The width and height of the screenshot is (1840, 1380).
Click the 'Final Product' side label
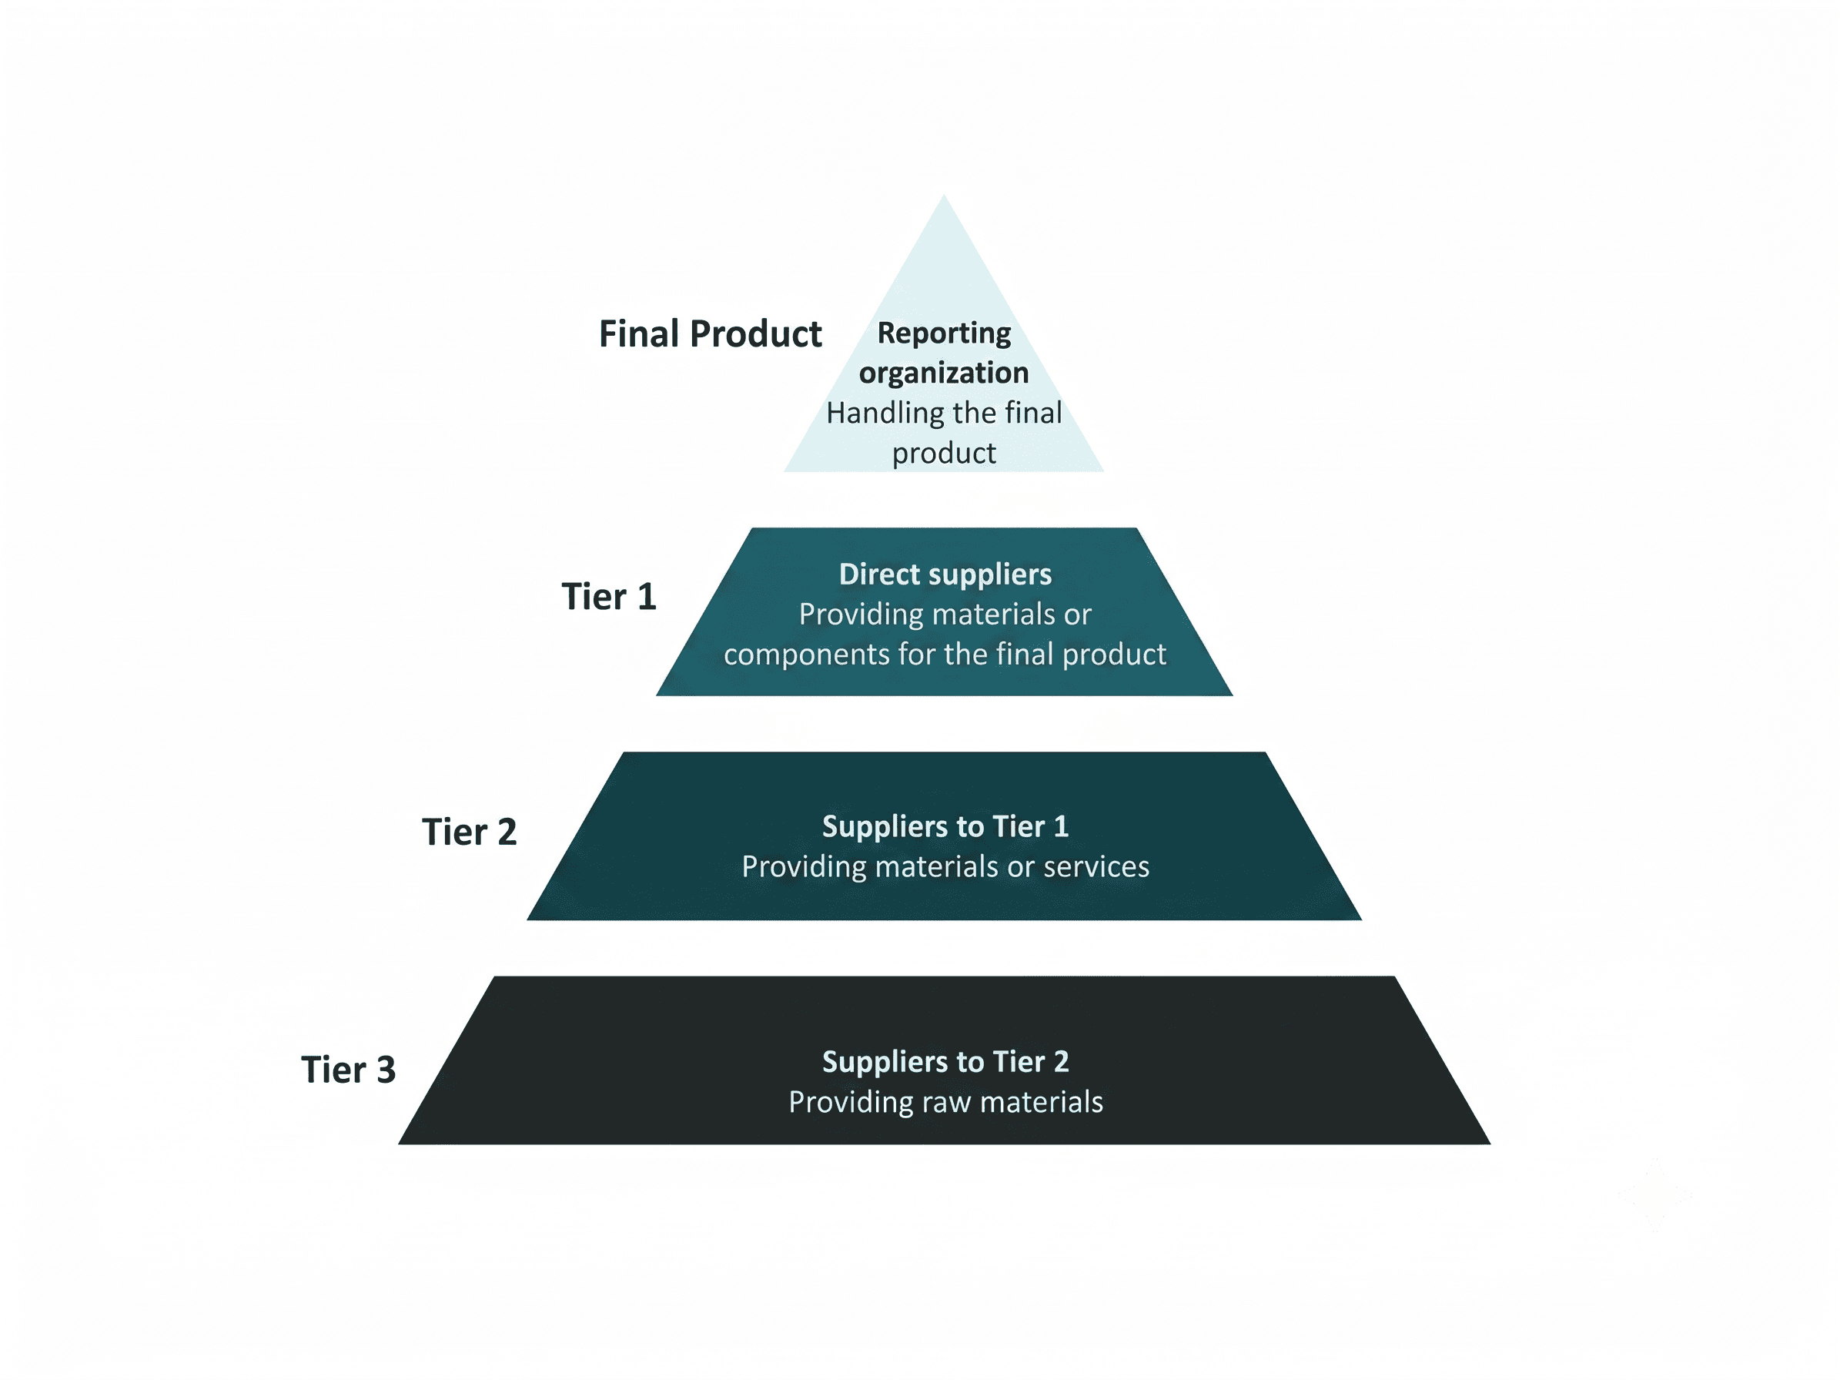click(710, 333)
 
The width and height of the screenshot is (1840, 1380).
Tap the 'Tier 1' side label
click(609, 596)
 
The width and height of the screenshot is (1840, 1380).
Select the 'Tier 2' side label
click(469, 832)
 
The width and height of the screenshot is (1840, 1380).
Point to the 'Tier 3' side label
click(348, 1070)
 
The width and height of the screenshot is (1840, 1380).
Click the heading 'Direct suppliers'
click(945, 574)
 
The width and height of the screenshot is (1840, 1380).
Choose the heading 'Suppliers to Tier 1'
click(945, 826)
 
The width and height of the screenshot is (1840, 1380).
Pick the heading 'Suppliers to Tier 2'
click(945, 1061)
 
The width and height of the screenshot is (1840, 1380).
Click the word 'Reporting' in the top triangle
click(944, 333)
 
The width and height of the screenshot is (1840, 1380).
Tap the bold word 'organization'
click(944, 373)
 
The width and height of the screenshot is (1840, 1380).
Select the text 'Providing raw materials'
click(945, 1102)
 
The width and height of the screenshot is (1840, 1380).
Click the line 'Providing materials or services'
click(945, 867)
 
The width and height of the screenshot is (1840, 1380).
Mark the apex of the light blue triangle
click(943, 195)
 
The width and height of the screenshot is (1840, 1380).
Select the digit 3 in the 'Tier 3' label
click(386, 1070)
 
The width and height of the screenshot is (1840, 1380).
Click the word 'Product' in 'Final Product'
click(756, 333)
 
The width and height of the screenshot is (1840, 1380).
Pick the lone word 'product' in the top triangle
click(944, 454)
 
